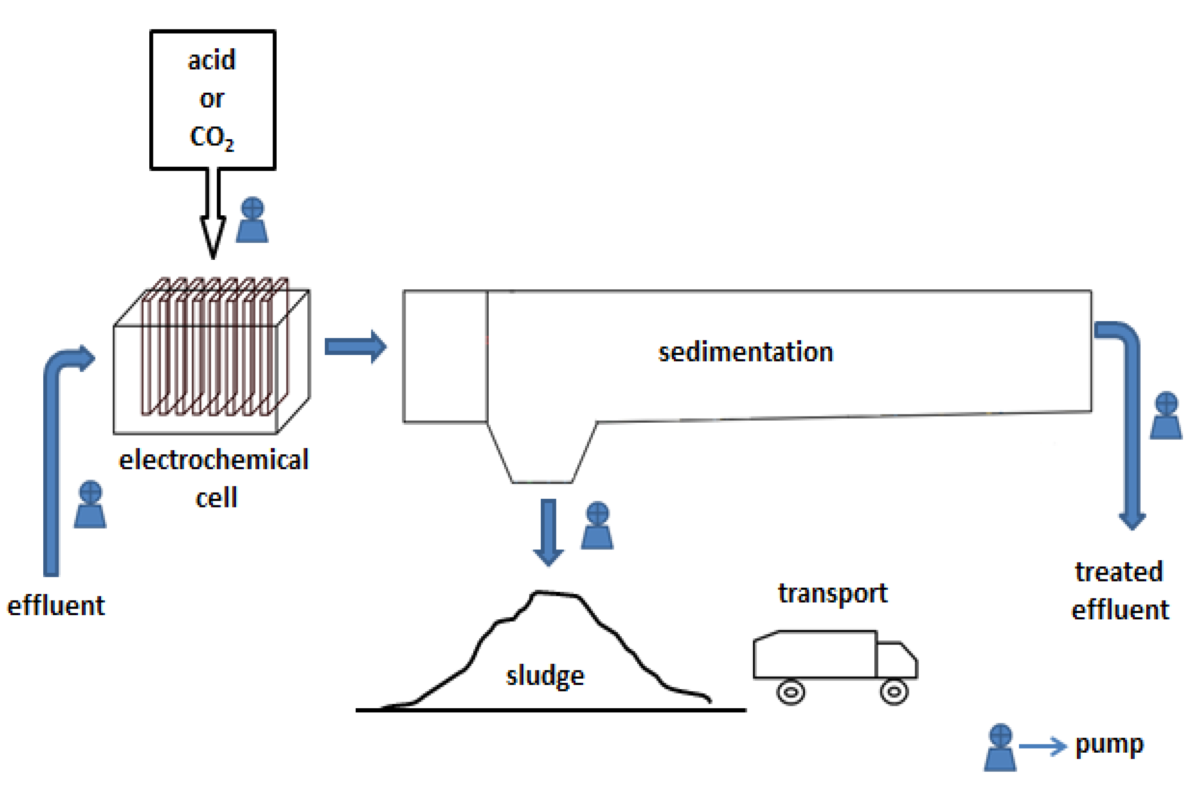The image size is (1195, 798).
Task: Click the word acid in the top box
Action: tap(212, 60)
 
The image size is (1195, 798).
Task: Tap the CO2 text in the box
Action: tap(212, 138)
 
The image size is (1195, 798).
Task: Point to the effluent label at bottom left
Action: tap(56, 606)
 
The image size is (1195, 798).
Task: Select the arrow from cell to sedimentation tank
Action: tap(355, 347)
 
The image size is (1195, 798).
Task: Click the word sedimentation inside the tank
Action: tap(745, 352)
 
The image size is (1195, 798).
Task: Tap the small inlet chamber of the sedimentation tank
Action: tap(445, 356)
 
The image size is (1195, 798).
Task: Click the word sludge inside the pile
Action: tap(545, 676)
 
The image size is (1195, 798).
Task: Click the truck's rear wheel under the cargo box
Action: tap(790, 692)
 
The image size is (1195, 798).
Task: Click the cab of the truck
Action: tap(896, 660)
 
